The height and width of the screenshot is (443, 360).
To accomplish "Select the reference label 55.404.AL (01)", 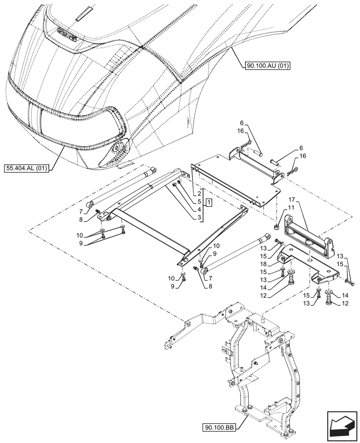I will pyautogui.click(x=27, y=168).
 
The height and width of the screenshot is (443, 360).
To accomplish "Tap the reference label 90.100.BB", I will pyautogui.click(x=219, y=427).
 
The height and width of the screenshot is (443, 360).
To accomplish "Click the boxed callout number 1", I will pyautogui.click(x=208, y=202).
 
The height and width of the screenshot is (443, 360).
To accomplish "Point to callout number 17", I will pyautogui.click(x=293, y=200).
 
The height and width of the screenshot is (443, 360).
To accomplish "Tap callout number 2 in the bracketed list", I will pyautogui.click(x=200, y=194).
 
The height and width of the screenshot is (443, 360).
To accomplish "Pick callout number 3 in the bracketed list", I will pyautogui.click(x=200, y=217).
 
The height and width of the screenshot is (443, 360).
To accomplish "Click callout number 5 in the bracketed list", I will pyautogui.click(x=200, y=202).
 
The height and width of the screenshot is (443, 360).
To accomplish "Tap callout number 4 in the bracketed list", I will pyautogui.click(x=200, y=210).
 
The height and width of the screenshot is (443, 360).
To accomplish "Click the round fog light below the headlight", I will pyautogui.click(x=118, y=148).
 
